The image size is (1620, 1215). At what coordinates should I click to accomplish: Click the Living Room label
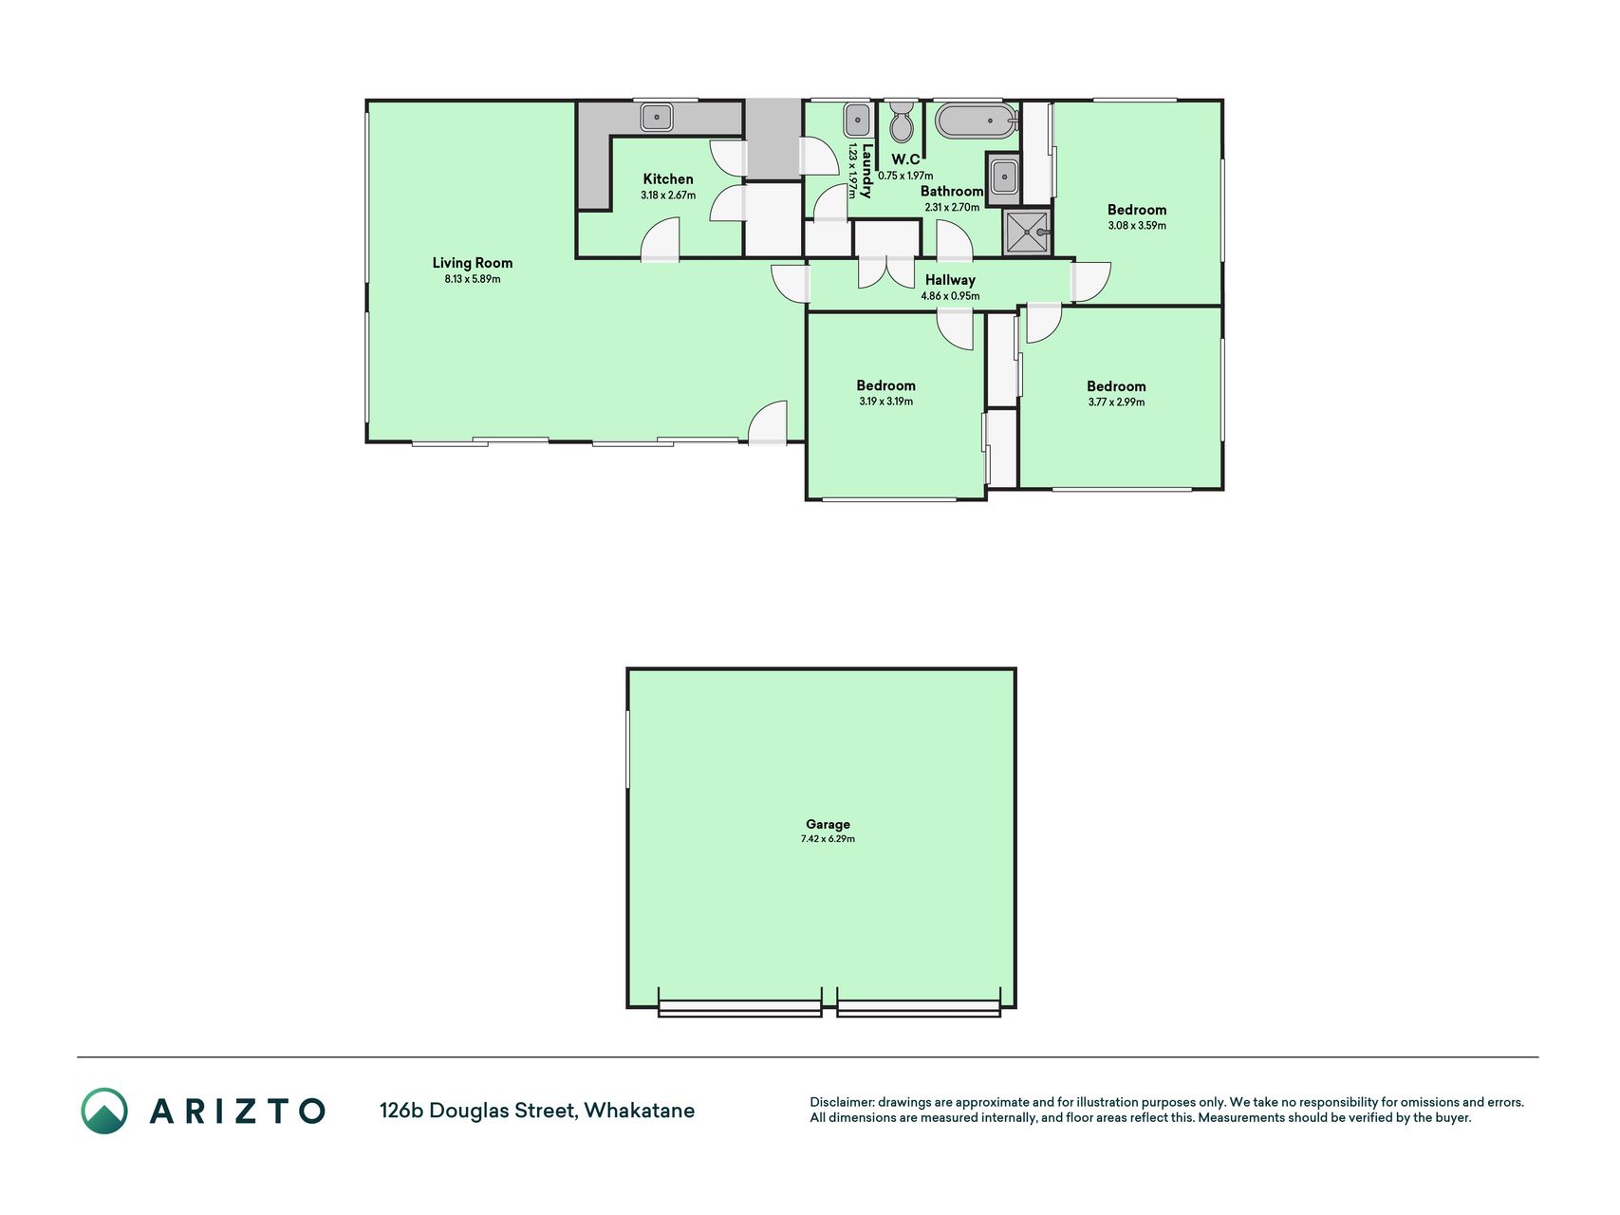coord(473,263)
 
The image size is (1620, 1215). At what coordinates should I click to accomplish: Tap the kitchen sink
coord(657,117)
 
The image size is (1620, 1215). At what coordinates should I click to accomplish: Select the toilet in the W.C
coord(902,121)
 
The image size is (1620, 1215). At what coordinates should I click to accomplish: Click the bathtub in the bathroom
coord(977,121)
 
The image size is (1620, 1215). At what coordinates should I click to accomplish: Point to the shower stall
coord(1028,233)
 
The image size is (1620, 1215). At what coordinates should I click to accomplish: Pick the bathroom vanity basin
coord(1003,178)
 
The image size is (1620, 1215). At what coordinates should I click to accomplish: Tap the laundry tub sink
coord(857,121)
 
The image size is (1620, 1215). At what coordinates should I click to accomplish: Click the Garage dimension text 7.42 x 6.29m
coord(828,839)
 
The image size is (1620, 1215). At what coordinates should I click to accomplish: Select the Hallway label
coord(950,280)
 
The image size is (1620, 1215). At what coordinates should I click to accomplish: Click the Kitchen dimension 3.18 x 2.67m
coord(668,196)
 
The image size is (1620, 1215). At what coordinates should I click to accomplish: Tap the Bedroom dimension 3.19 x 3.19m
coord(886,402)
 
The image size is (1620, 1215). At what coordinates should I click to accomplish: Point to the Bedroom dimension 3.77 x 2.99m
coord(1117,402)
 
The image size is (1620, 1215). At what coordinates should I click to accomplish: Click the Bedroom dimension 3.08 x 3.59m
coord(1137,226)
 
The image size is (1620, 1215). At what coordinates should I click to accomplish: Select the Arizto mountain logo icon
coord(104,1111)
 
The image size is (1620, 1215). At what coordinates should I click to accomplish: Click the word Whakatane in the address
coord(640,1111)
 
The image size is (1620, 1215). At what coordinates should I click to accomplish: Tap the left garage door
coord(739,1009)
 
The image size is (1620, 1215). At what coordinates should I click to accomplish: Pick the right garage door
coord(919,1009)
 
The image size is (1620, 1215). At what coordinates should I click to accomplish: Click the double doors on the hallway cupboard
coord(886,271)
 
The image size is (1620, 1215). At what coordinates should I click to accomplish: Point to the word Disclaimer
coord(841,1103)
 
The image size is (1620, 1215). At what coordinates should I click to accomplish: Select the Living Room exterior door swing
coord(768,422)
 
